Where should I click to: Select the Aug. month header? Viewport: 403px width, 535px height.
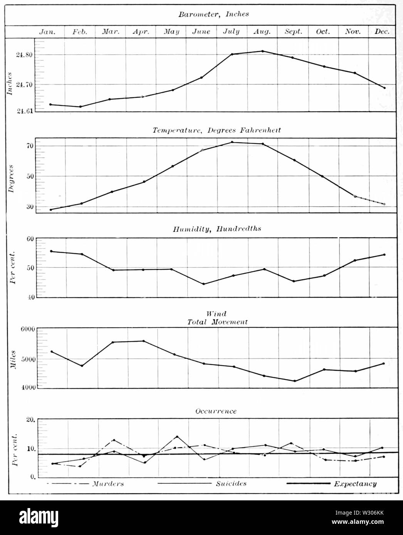(262, 32)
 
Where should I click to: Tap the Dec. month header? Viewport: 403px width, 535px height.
(382, 32)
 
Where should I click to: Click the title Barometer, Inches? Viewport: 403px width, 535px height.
(213, 14)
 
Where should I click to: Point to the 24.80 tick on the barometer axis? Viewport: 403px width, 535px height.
(24, 55)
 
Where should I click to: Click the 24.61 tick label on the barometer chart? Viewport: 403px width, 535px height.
(24, 111)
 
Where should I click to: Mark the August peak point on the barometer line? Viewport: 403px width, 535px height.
(262, 51)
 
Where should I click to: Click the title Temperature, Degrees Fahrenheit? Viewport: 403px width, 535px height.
(217, 130)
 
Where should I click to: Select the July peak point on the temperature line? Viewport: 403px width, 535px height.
(232, 142)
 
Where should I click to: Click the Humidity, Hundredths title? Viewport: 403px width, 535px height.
(217, 229)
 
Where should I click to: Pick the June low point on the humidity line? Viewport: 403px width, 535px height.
(203, 284)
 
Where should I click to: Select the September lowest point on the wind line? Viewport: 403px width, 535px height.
(295, 381)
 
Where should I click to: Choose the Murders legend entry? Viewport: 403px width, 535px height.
(107, 484)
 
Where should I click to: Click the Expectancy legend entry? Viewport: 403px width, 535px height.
(354, 484)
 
